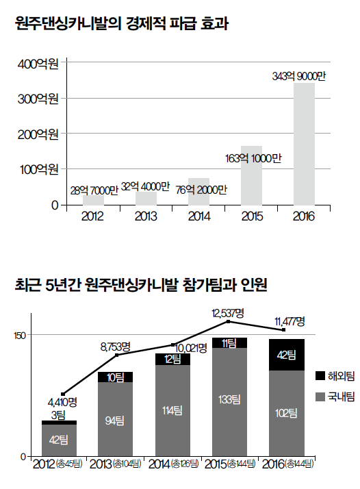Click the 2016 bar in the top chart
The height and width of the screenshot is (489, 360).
click(x=304, y=144)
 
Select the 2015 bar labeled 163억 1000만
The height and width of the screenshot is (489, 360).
click(x=252, y=175)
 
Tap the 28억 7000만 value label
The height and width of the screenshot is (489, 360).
click(x=94, y=190)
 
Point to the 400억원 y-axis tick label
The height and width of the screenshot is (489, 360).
click(x=38, y=64)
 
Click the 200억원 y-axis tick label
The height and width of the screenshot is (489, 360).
click(x=38, y=134)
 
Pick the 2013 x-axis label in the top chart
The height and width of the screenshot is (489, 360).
click(x=146, y=216)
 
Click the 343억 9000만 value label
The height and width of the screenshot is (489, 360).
click(x=298, y=76)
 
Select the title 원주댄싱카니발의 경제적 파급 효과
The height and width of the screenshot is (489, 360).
click(x=122, y=23)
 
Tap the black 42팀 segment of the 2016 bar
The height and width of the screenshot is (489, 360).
click(x=287, y=355)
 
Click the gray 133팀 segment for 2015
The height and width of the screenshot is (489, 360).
click(x=230, y=401)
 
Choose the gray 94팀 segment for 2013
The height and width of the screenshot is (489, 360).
click(x=116, y=419)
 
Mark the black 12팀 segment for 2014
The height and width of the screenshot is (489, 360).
click(x=172, y=360)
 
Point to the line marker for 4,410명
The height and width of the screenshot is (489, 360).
click(x=63, y=394)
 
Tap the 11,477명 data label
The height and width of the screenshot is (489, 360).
click(x=290, y=321)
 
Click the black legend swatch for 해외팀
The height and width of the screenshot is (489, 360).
click(x=320, y=376)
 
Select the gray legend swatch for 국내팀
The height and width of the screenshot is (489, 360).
click(x=320, y=397)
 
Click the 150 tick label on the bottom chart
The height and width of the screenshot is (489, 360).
click(x=19, y=336)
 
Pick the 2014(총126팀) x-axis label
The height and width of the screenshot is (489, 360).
click(x=173, y=464)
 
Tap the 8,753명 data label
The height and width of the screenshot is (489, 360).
click(x=116, y=347)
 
